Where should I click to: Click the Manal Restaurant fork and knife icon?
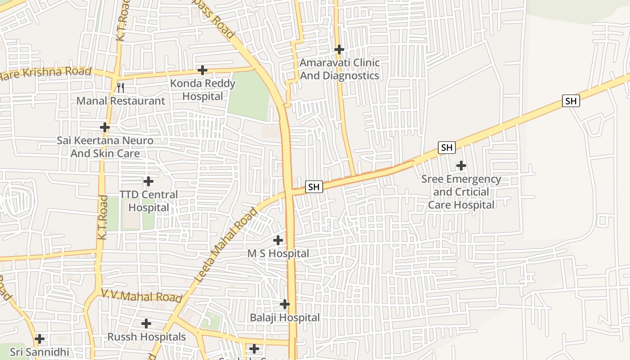(120, 87)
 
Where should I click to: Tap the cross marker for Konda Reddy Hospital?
(202, 70)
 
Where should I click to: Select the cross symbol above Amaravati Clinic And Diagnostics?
(339, 49)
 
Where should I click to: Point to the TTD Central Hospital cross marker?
(148, 182)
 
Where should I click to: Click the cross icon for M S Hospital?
(278, 240)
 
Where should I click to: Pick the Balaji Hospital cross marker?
(285, 304)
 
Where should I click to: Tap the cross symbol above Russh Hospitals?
(146, 324)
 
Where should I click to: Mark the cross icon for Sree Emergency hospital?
(461, 166)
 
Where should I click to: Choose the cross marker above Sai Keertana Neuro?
(105, 127)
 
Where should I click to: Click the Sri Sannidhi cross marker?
(40, 338)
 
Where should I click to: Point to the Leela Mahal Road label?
(227, 245)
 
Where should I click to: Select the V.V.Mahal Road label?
(141, 296)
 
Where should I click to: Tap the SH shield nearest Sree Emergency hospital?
(446, 148)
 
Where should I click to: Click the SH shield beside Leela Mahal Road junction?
(314, 186)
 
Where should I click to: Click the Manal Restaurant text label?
(121, 101)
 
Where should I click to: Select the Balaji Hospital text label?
(285, 318)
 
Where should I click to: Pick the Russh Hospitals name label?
(146, 337)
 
